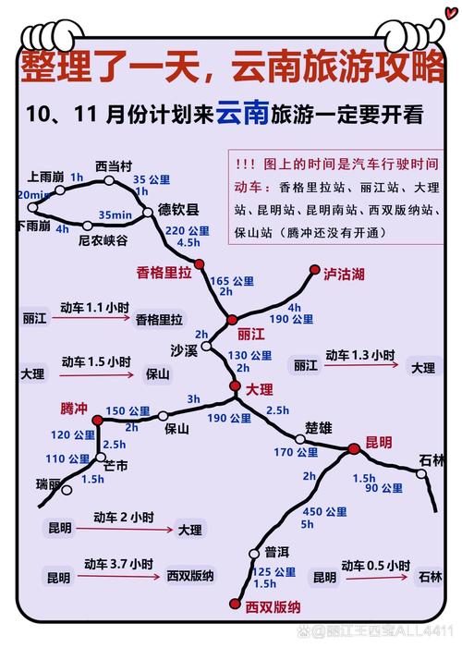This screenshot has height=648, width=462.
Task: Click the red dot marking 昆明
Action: pyautogui.click(x=354, y=449)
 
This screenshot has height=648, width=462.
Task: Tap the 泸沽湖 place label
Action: pyautogui.click(x=344, y=275)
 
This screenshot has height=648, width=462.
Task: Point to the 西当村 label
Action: pyautogui.click(x=115, y=165)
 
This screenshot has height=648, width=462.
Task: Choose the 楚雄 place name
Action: pyautogui.click(x=318, y=429)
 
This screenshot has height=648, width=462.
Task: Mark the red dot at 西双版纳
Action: pyautogui.click(x=231, y=605)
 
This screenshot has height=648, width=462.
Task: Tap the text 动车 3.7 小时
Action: pyautogui.click(x=117, y=563)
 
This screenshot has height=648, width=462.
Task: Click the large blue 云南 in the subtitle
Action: pyautogui.click(x=244, y=114)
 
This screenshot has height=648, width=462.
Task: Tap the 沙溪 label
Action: pyautogui.click(x=185, y=350)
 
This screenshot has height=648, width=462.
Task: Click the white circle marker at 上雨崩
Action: pyautogui.click(x=60, y=190)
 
